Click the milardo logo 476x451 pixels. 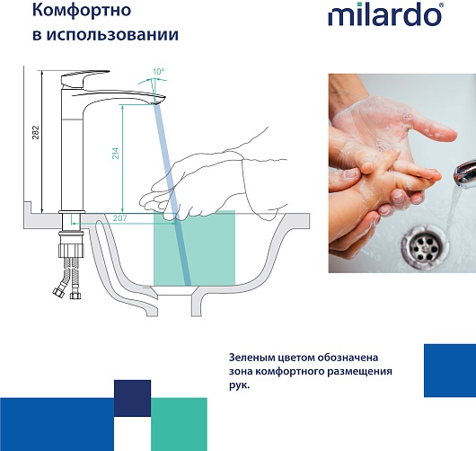[385, 14]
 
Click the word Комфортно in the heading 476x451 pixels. [82, 10]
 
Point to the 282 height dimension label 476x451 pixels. [36, 132]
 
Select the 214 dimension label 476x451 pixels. [115, 154]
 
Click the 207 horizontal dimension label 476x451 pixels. [119, 218]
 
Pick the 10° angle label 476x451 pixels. [158, 72]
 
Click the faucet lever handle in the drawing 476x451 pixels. [84, 78]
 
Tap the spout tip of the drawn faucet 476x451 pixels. [158, 100]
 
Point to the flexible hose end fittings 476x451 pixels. [66, 294]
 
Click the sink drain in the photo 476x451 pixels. [425, 248]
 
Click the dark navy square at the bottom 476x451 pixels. [132, 398]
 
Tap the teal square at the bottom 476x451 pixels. [179, 424]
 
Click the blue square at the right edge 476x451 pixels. [450, 370]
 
